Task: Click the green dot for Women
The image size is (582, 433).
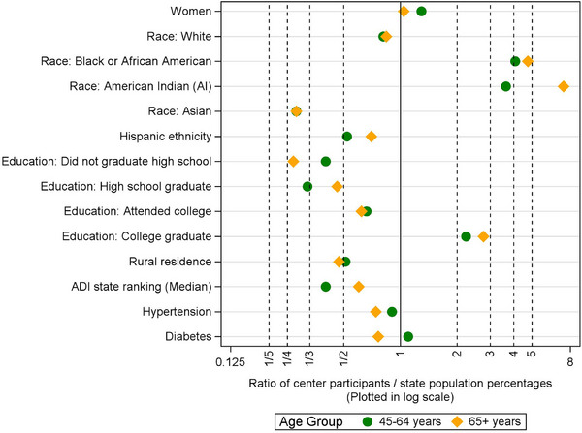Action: pos(421,11)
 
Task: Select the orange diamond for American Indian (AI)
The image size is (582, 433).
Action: pos(563,86)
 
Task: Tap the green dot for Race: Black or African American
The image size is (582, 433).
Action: pos(515,61)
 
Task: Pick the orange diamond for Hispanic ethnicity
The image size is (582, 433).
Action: pos(372,137)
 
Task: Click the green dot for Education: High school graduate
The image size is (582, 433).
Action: pos(307,186)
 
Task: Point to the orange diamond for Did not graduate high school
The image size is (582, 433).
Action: pos(293,161)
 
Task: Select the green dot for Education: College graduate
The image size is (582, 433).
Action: pos(466,236)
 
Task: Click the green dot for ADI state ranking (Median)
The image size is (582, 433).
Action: pos(326,287)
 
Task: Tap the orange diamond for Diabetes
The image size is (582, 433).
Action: pos(378,336)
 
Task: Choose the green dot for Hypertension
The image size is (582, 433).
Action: pos(392,312)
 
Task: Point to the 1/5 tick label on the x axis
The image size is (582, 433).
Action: pos(269,358)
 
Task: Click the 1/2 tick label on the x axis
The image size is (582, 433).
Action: pos(343,358)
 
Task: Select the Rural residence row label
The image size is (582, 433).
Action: pos(171,262)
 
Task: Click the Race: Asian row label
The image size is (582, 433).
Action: pos(182,111)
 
